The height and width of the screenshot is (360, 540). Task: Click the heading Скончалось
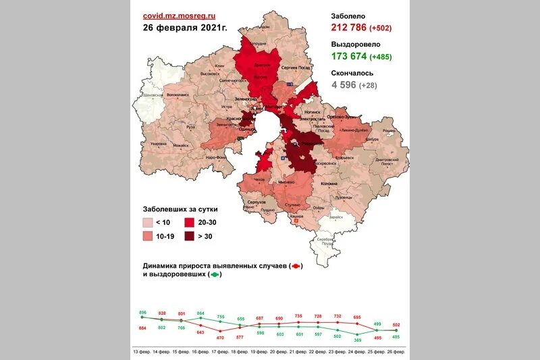click(352, 73)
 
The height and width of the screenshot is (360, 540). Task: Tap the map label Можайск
click(181, 145)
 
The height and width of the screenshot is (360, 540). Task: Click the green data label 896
click(142, 313)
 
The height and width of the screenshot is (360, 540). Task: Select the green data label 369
click(358, 340)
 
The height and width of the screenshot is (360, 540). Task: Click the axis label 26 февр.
click(396, 353)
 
